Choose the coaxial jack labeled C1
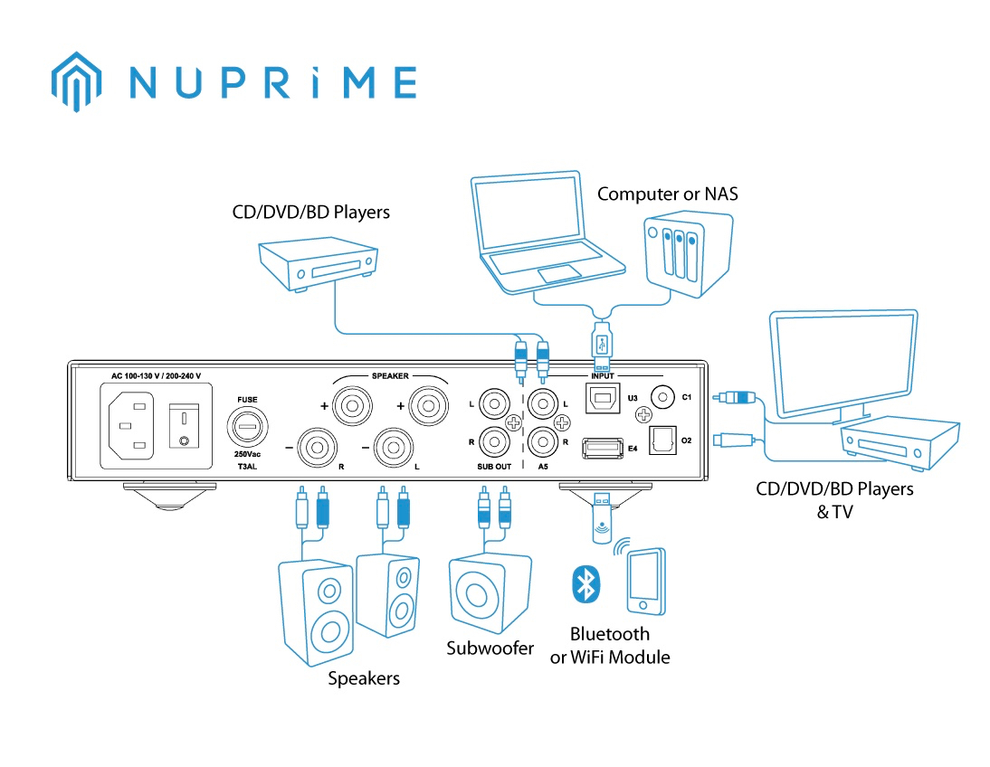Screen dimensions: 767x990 click(666, 396)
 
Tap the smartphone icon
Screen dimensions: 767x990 click(643, 580)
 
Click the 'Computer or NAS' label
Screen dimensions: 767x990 click(667, 194)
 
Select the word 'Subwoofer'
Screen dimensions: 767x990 click(490, 649)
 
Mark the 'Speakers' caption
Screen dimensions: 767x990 click(363, 678)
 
